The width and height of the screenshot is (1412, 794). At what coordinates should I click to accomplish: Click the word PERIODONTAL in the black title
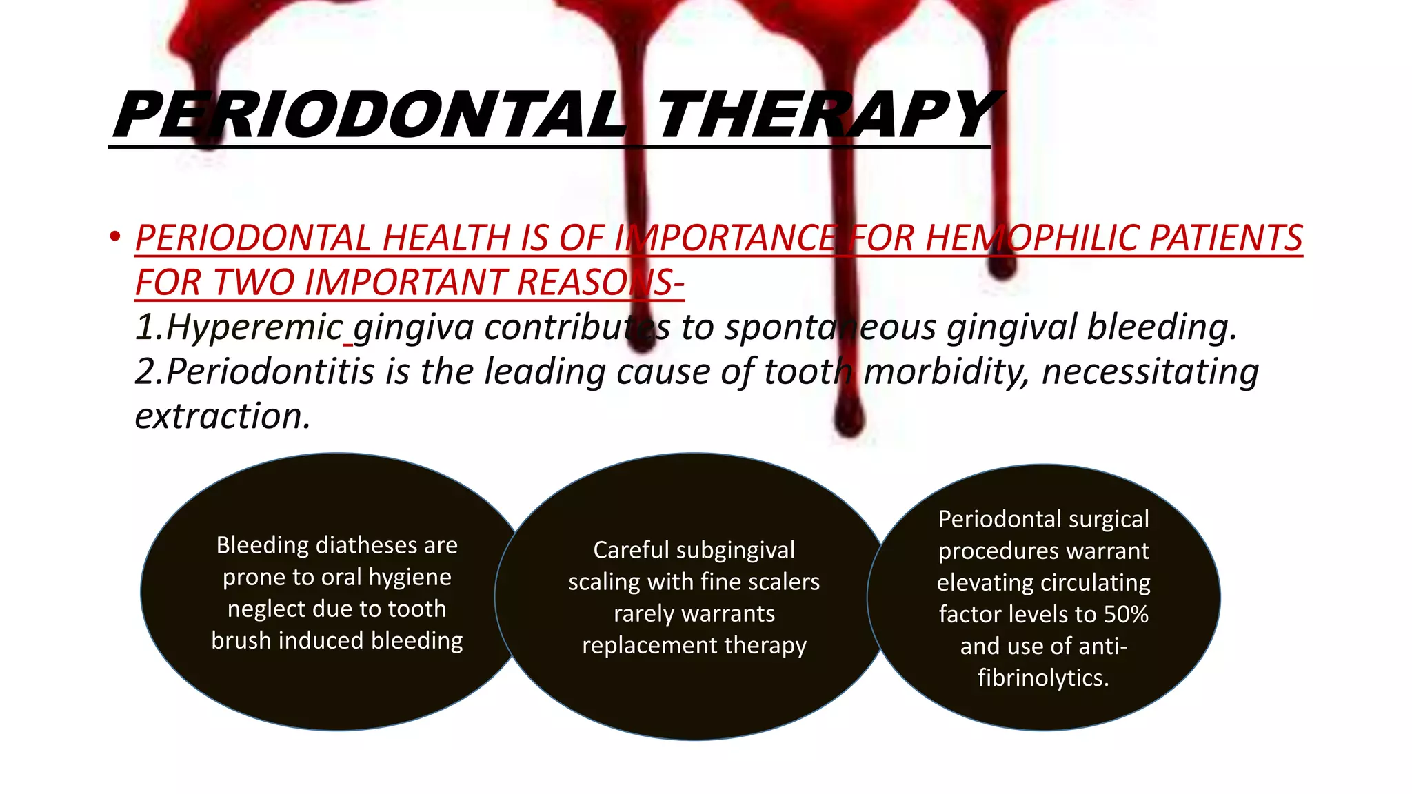(x=369, y=115)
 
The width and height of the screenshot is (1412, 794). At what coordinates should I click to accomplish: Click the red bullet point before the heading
(x=115, y=237)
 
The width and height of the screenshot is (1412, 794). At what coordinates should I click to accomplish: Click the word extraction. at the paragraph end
(x=223, y=416)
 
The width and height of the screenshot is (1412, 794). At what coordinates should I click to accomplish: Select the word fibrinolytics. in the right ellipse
(x=1043, y=678)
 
